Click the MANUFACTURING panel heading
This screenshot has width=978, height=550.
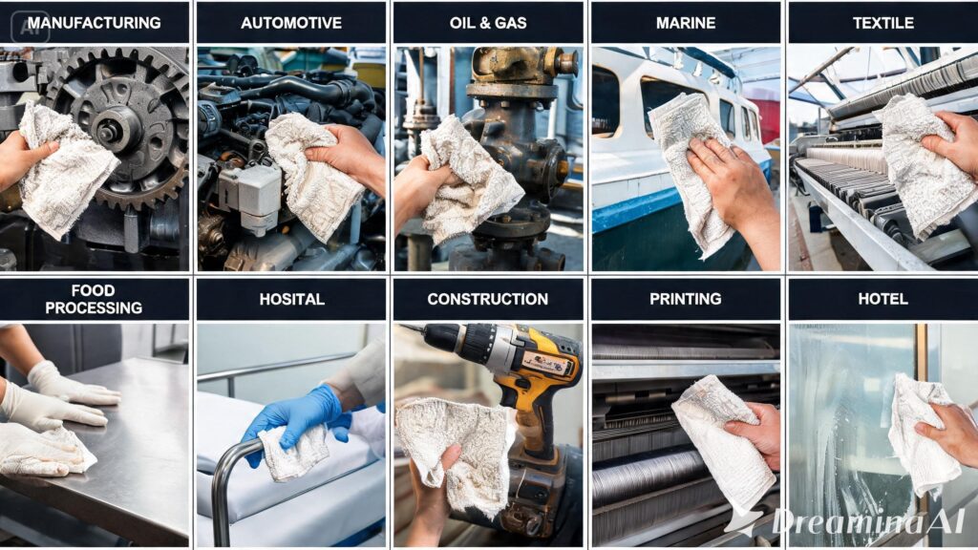coord(95,23)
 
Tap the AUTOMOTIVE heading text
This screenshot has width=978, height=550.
coord(291,23)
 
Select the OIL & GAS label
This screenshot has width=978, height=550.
coord(488,23)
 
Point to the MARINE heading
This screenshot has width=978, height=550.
coord(686,23)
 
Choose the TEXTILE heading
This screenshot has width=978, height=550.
coord(883,23)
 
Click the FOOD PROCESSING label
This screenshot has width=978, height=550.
coord(94,299)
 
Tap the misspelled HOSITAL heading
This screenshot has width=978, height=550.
coord(292,299)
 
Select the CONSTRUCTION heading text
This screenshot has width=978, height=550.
coord(488,299)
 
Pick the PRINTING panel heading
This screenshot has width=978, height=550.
coord(686,299)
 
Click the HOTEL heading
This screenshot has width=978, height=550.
coord(882,299)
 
